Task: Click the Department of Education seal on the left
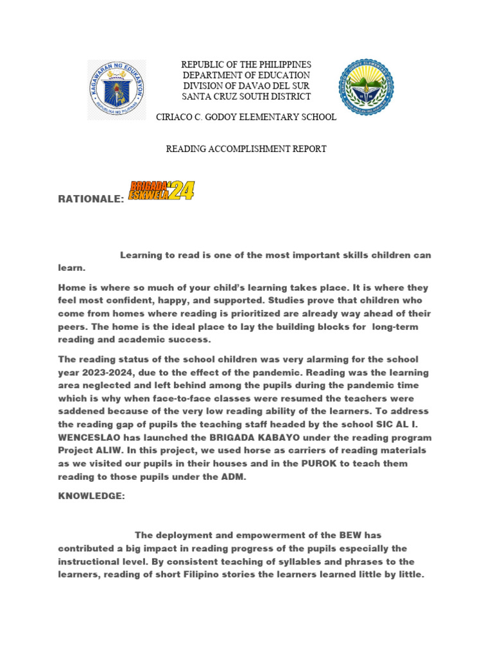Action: (116, 90)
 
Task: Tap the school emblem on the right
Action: (366, 87)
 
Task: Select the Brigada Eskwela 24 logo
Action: (161, 191)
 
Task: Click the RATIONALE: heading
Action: (91, 200)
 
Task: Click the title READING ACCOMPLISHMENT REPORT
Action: (246, 149)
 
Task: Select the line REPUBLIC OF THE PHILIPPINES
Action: (246, 65)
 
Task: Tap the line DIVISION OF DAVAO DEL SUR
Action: (246, 86)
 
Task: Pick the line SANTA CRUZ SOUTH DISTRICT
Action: (246, 96)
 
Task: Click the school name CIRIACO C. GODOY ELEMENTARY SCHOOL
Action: (246, 117)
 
